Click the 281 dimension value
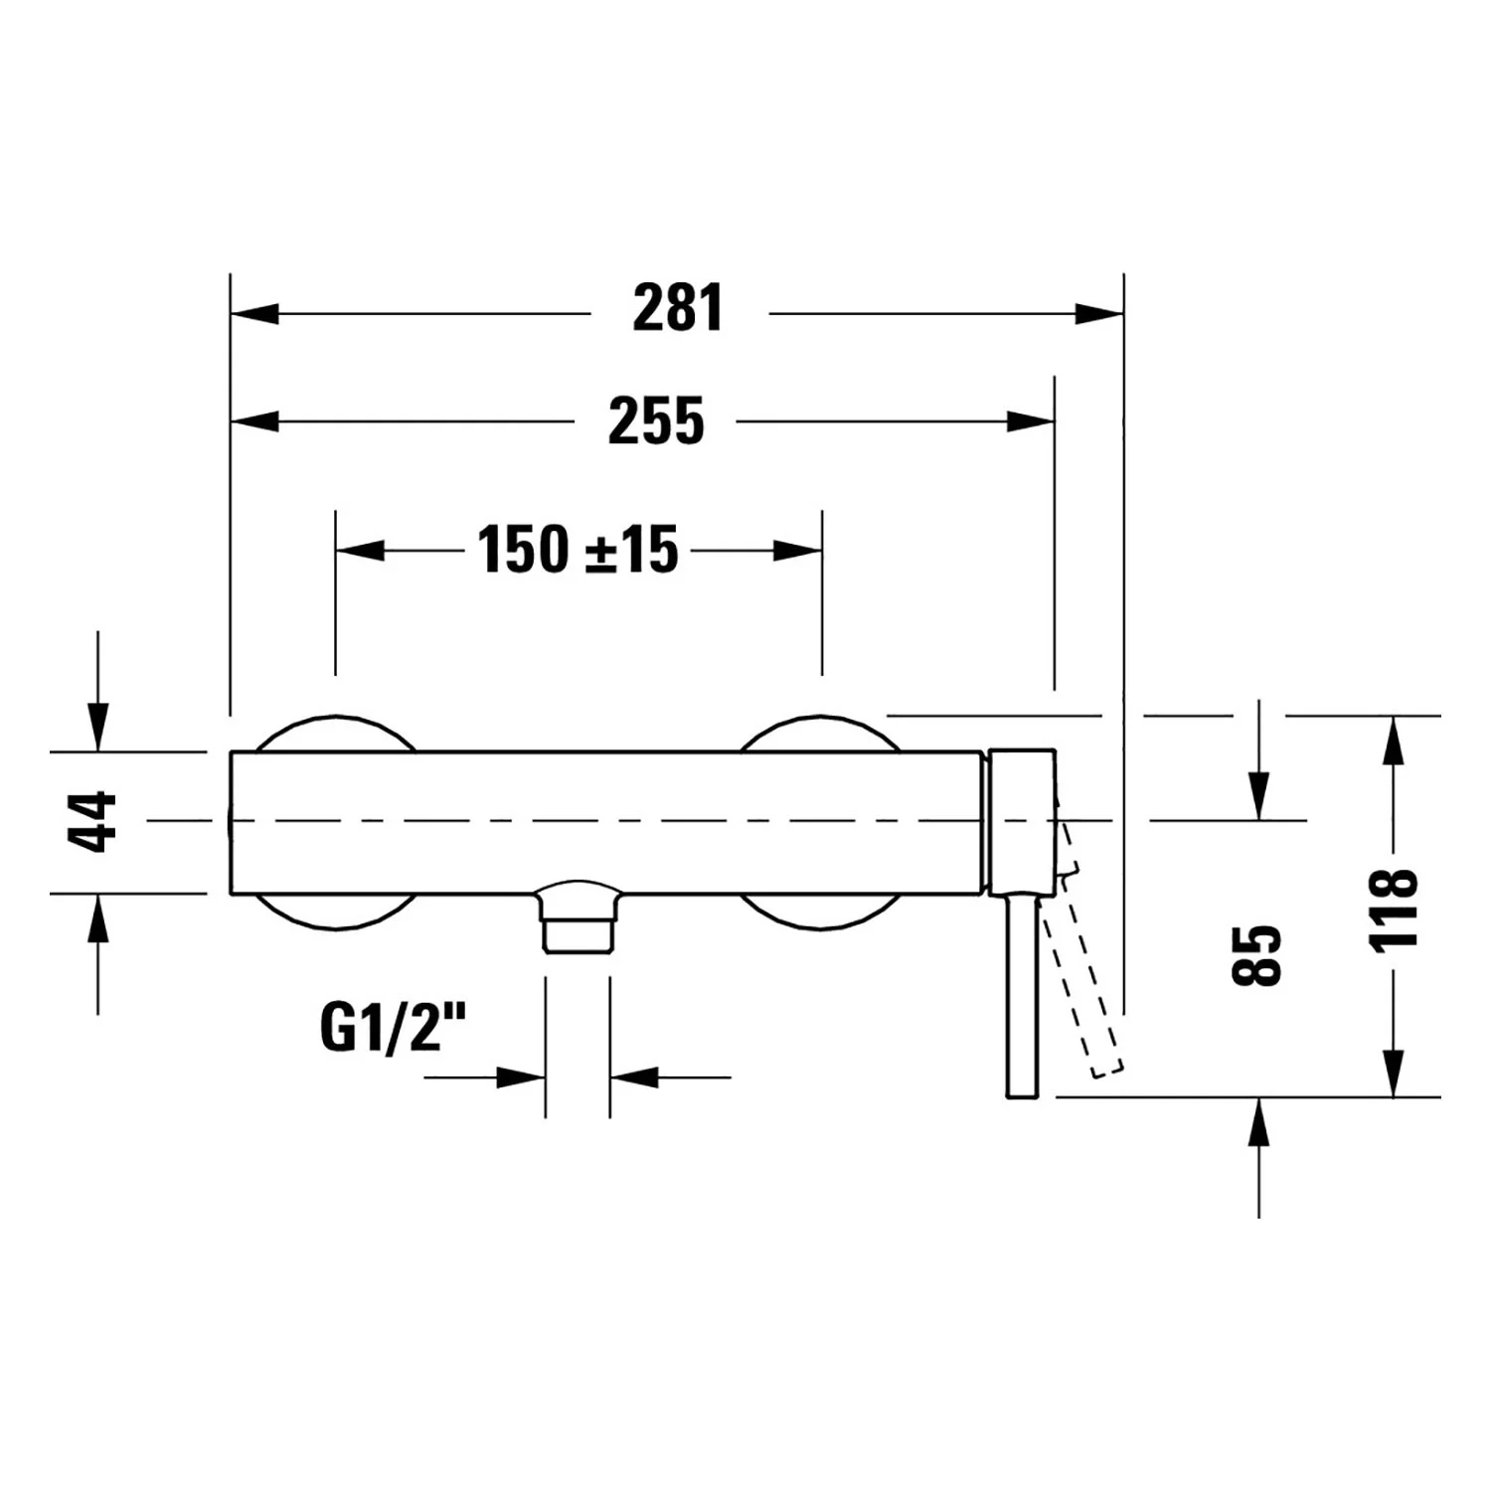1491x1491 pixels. coord(678,308)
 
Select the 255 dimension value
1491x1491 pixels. coord(656,420)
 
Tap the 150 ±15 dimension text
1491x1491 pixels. coord(578,550)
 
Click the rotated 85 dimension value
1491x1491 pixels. coord(1256,955)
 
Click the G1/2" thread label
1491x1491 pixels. coord(394,1027)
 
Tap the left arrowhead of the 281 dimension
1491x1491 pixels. coord(254,314)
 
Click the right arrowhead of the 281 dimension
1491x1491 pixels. coord(1099,314)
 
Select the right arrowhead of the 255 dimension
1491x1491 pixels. coord(1031,421)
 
